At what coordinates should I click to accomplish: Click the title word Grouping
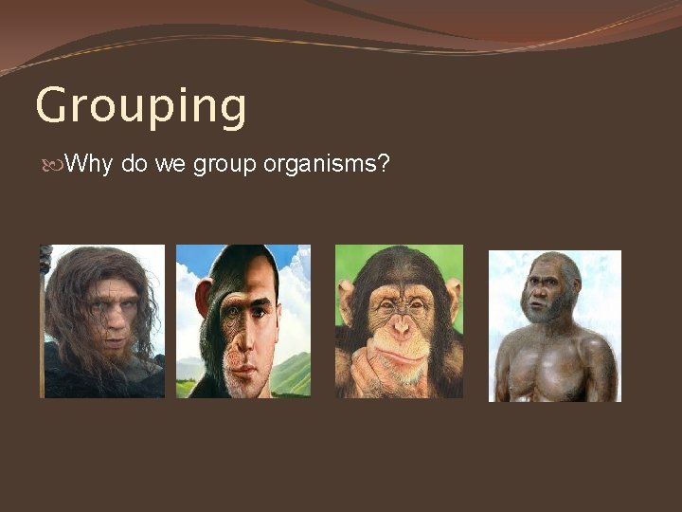[140, 107]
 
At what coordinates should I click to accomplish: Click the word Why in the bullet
[89, 164]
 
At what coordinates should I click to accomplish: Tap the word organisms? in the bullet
[326, 165]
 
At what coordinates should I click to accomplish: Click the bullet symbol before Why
[51, 165]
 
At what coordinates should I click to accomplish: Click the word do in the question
[133, 165]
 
